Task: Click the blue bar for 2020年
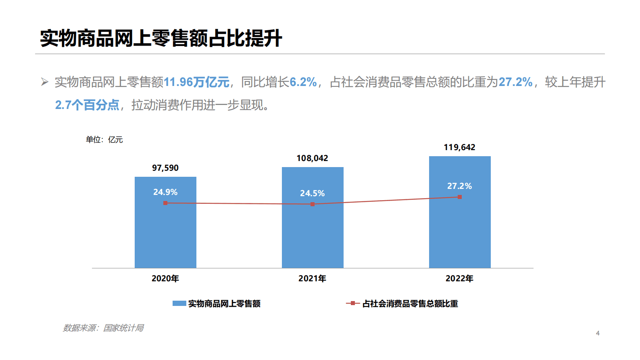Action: coord(165,234)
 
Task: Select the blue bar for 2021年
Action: coord(313,234)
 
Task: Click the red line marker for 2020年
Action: coord(165,203)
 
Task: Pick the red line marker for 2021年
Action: coord(313,204)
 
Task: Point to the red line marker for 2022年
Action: coord(460,197)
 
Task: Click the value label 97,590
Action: coord(165,168)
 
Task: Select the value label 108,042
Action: coord(313,158)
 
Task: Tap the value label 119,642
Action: coord(460,147)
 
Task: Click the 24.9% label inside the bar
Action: coord(165,192)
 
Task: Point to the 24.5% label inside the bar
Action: coord(313,193)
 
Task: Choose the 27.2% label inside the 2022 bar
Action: coord(460,186)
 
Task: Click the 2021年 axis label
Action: coord(313,278)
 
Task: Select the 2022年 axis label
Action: coord(460,278)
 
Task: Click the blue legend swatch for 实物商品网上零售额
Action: coord(179,303)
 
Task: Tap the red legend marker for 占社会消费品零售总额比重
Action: coord(352,303)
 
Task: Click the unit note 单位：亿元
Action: coord(104,140)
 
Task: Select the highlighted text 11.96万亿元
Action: coord(196,82)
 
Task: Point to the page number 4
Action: coord(598,333)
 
